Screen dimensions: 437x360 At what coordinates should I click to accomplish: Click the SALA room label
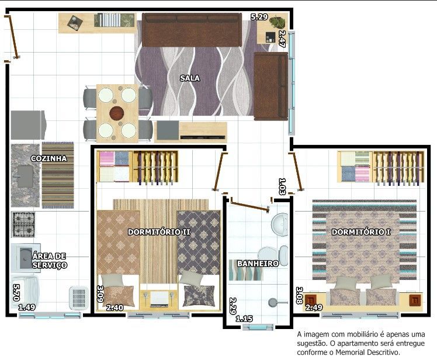tap(190, 78)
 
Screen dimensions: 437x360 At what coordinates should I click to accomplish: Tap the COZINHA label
tap(48, 158)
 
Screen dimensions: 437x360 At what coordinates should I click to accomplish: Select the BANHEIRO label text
tap(258, 263)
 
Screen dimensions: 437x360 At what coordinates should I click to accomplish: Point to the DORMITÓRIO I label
tap(361, 232)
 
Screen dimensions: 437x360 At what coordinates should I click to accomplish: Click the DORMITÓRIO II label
tap(159, 232)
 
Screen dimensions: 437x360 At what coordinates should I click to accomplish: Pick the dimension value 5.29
tap(259, 17)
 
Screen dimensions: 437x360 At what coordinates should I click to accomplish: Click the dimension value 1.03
tap(282, 186)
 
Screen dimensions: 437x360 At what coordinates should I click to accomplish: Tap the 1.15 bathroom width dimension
tap(244, 319)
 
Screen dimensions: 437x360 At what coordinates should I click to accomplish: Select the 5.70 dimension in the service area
tap(16, 293)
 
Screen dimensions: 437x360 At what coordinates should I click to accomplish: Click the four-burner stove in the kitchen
tap(23, 224)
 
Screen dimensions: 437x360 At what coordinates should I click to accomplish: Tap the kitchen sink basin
tap(25, 176)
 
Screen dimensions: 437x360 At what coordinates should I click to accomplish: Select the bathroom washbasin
tap(280, 225)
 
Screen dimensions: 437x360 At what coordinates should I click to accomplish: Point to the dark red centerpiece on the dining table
tap(116, 113)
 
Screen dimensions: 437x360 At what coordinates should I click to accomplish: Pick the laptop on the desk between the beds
tap(159, 299)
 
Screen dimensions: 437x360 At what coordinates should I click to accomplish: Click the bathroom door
tap(249, 206)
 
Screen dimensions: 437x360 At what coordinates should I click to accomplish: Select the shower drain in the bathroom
tap(273, 302)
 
